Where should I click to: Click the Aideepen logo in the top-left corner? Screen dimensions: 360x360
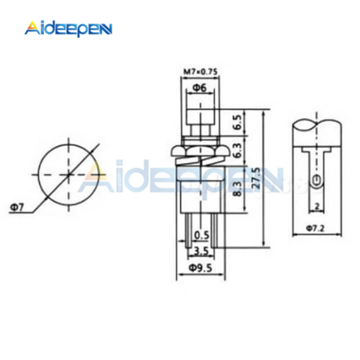click(x=68, y=29)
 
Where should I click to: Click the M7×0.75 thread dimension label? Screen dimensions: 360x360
click(x=200, y=72)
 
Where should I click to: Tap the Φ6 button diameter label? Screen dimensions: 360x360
click(x=199, y=88)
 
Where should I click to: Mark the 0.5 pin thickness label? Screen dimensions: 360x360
click(x=202, y=235)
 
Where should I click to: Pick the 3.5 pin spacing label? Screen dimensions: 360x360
click(x=201, y=251)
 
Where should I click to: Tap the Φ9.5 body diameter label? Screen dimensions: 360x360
click(x=200, y=268)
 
